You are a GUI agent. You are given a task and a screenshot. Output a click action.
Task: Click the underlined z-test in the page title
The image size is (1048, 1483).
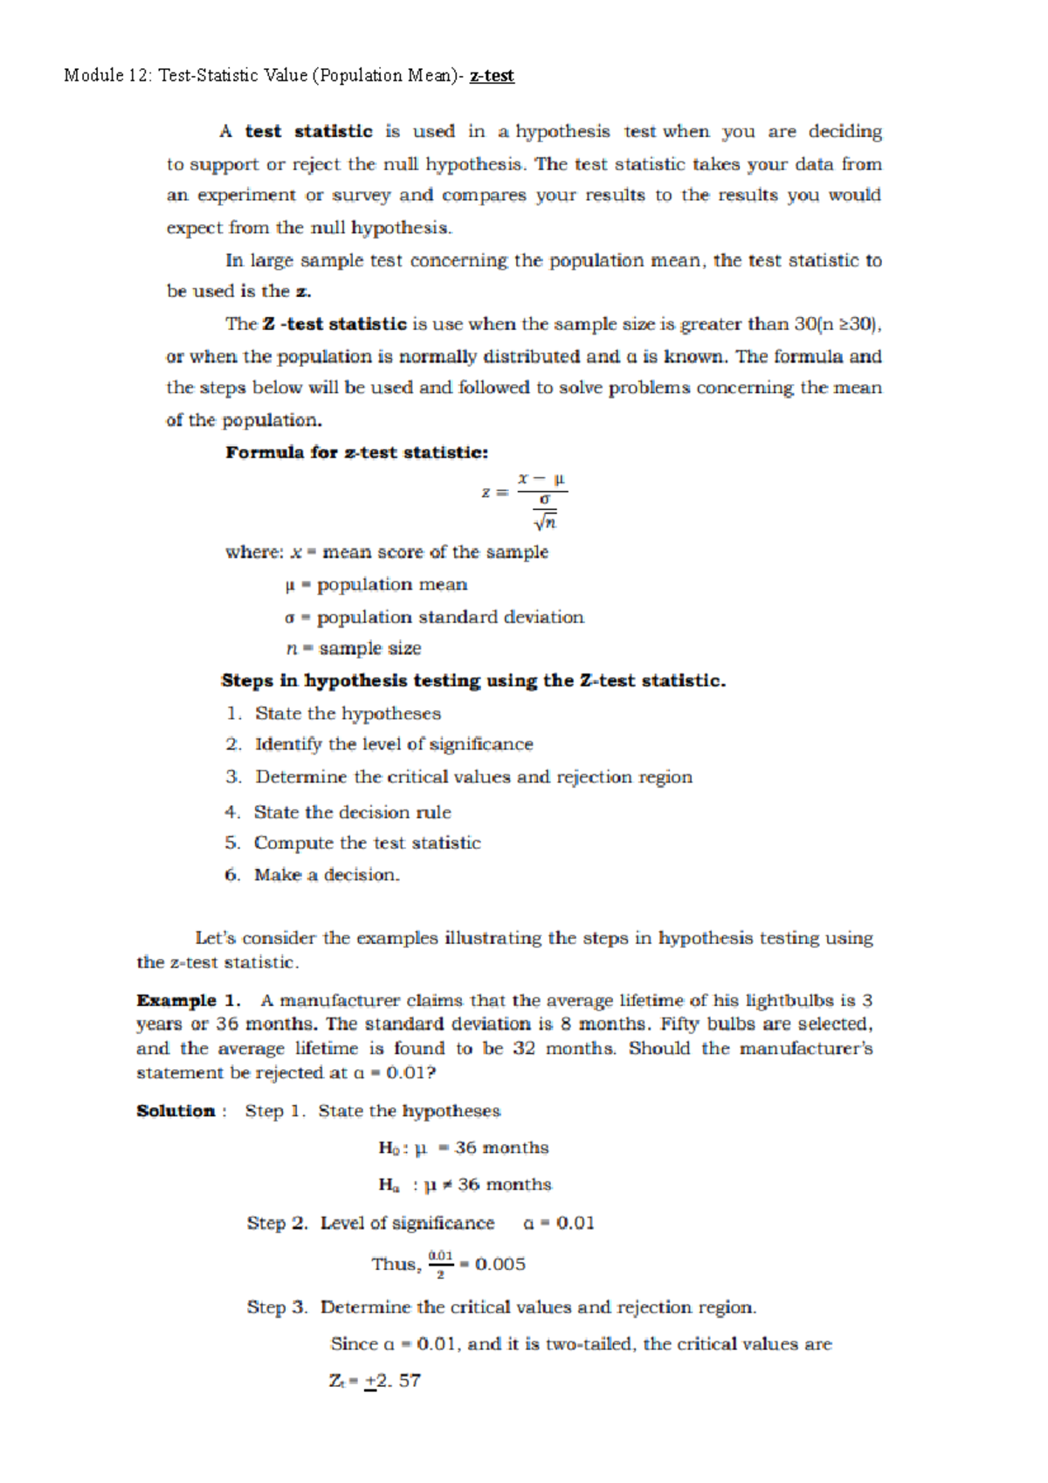[492, 76]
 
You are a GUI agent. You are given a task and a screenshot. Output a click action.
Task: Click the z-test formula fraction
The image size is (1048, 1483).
[541, 500]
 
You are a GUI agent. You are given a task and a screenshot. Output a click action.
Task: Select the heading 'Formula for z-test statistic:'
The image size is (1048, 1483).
[356, 452]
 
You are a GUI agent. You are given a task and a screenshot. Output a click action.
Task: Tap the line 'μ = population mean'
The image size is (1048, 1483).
[376, 584]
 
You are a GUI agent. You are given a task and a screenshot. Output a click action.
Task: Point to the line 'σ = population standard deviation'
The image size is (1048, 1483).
[434, 617]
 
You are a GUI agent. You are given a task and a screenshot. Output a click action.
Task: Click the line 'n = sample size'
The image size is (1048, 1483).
[354, 648]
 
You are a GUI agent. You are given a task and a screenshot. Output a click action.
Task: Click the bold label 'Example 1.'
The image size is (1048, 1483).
[188, 1000]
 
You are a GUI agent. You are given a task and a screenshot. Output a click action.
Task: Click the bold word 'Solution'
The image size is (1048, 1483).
[176, 1111]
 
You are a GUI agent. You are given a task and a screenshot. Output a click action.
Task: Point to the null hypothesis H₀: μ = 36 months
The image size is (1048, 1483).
[463, 1148]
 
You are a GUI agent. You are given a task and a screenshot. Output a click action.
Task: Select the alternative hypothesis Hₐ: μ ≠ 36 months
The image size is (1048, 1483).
[465, 1184]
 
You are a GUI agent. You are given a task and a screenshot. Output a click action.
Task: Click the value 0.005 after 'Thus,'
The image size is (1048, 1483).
[500, 1264]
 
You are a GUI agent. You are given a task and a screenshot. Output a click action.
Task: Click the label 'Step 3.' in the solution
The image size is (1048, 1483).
[277, 1307]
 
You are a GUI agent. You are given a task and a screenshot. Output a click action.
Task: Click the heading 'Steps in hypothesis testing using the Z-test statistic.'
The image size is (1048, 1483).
[473, 680]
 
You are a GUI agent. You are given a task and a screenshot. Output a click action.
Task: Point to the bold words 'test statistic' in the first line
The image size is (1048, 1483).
[308, 132]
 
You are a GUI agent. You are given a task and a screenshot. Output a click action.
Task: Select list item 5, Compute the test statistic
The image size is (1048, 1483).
[367, 843]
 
